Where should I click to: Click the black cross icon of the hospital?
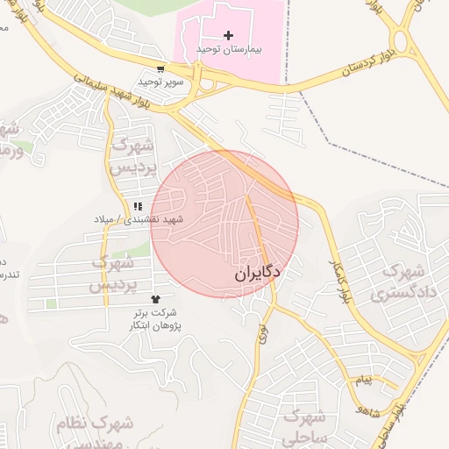click(x=229, y=35)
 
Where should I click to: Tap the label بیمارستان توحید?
click(x=229, y=49)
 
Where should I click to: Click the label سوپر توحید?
click(x=160, y=82)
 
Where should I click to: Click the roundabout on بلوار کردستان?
click(x=403, y=41)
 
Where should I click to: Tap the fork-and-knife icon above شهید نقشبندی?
click(x=138, y=207)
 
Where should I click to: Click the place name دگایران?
click(x=257, y=274)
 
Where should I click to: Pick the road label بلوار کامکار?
click(x=338, y=281)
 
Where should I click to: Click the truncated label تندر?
click(x=7, y=274)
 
